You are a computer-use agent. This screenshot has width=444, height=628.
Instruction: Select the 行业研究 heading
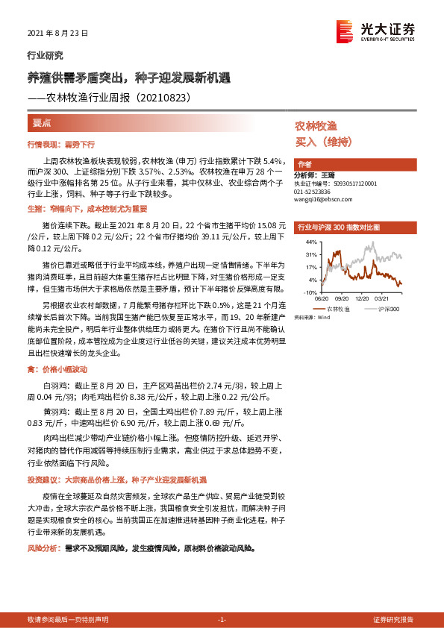(x=45, y=55)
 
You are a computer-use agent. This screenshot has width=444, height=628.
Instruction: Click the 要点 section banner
(x=42, y=122)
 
